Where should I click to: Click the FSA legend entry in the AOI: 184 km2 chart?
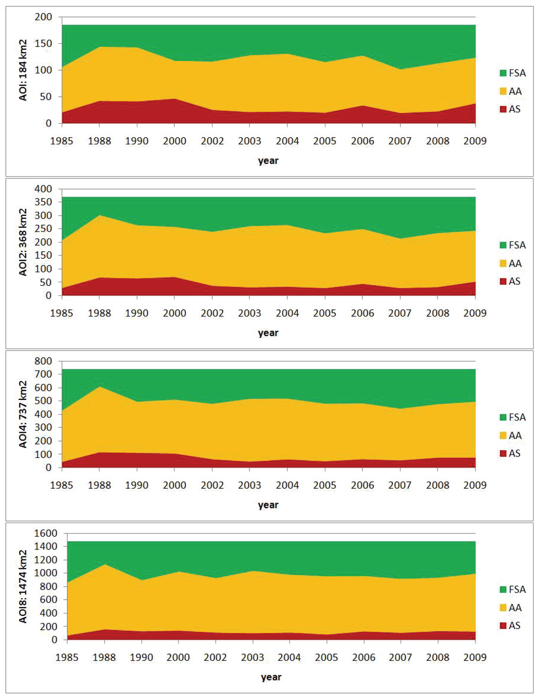click(512, 73)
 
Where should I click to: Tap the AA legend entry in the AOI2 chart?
click(511, 263)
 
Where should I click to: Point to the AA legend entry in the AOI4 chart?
click(511, 435)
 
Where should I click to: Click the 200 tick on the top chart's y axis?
click(44, 17)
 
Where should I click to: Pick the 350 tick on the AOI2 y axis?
click(44, 202)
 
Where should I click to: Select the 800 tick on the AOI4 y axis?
click(44, 361)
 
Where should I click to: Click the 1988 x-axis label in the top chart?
click(99, 141)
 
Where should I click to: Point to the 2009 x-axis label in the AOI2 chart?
click(475, 313)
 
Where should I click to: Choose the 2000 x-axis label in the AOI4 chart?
click(174, 485)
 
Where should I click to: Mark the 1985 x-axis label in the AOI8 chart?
click(67, 657)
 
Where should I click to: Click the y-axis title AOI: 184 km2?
click(23, 70)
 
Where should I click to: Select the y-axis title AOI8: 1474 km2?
click(23, 586)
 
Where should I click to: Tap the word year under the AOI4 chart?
click(268, 505)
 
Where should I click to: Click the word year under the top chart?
click(268, 161)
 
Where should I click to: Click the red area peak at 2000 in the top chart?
click(174, 100)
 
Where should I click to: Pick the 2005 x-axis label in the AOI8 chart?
click(327, 657)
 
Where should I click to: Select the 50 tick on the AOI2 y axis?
click(46, 282)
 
